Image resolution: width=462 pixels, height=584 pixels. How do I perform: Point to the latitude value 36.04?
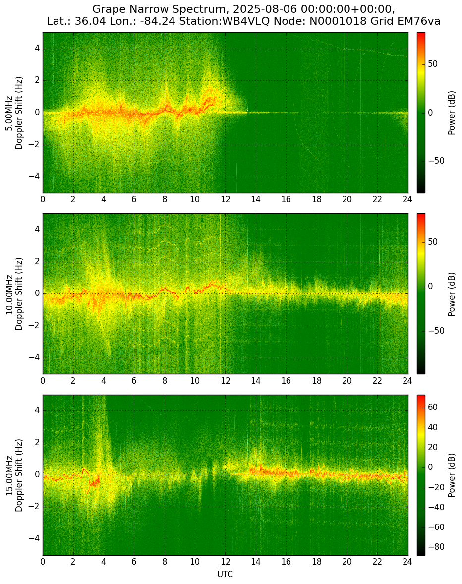(x=89, y=22)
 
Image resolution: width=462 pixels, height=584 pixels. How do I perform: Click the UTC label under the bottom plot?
(x=225, y=574)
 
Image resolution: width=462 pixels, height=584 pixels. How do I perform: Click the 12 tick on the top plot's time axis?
(x=225, y=199)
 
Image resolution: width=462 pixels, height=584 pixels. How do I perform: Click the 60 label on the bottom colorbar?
(x=433, y=408)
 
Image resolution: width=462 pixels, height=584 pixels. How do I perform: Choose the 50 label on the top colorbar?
(x=433, y=64)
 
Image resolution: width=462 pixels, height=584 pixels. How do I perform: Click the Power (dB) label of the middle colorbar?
(x=451, y=294)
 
